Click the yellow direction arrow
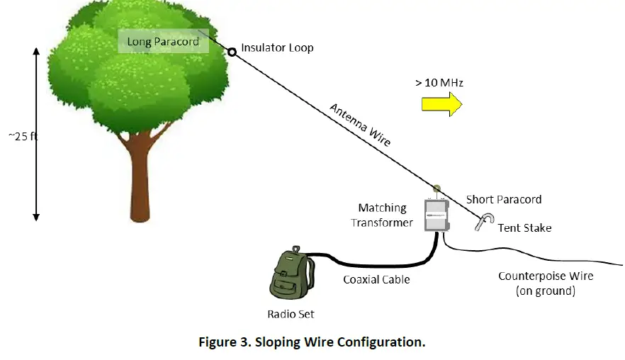441,104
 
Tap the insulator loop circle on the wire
232,52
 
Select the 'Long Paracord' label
163,42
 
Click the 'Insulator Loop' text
278,48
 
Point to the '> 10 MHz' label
439,82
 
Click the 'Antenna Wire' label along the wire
360,125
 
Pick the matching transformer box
437,215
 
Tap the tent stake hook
484,222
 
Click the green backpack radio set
291,273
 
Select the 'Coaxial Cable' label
376,279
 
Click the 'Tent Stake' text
524,228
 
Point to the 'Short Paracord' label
504,199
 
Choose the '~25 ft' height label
23,136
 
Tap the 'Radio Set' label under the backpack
291,314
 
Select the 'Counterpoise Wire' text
546,276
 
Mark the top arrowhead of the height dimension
36,51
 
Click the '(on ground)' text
546,291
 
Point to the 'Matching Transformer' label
382,215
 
